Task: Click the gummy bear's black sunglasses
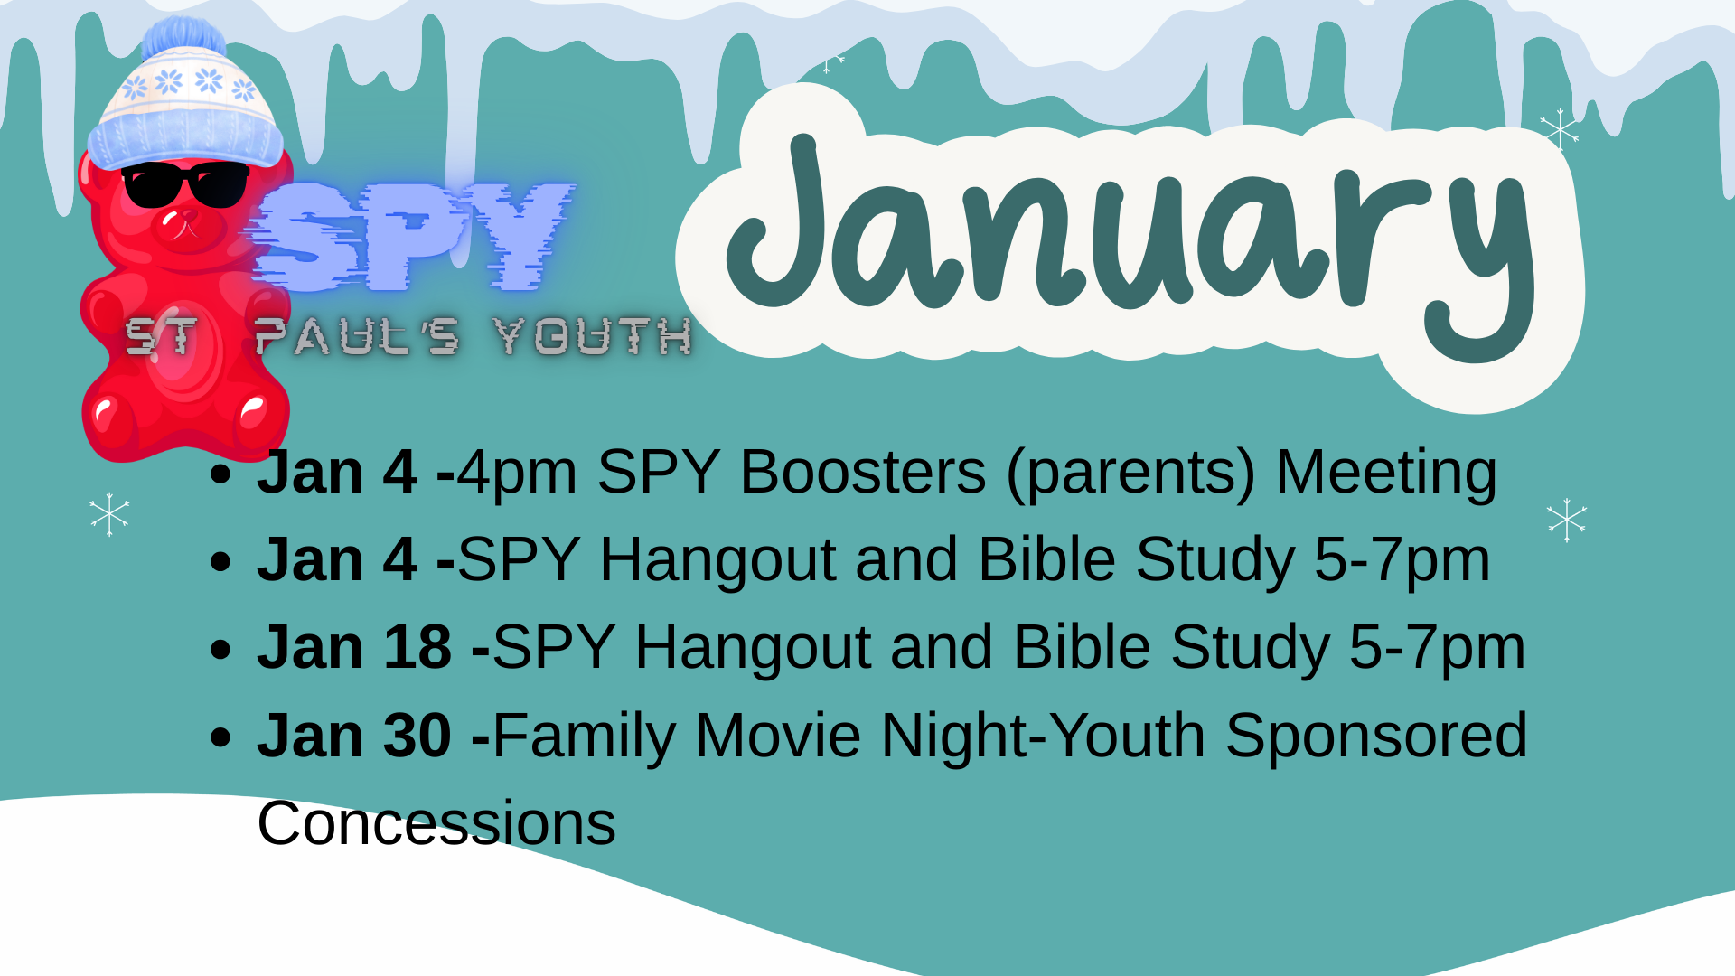coord(185,184)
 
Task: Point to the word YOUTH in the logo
coord(593,336)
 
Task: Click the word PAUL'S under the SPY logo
coord(357,336)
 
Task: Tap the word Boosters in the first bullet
coord(862,472)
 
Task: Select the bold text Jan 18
coord(354,647)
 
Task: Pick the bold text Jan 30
coord(354,735)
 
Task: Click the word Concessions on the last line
coord(436,823)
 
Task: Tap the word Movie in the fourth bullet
coord(777,735)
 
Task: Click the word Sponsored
coord(1375,735)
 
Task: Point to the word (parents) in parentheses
coord(1130,474)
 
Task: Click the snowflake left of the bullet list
coord(109,515)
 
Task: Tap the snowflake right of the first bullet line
coord(1566,521)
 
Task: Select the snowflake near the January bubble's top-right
coord(1560,130)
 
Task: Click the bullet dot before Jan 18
coord(220,649)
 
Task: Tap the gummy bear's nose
coord(170,218)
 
